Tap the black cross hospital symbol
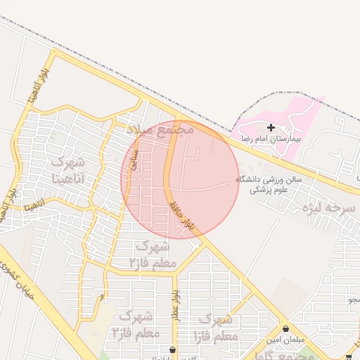tap(271, 127)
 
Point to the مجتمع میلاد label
tap(160, 129)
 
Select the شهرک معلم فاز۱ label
tap(219, 328)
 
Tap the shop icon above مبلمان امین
tap(285, 328)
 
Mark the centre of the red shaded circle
tap(180, 180)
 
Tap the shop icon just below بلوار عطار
tap(172, 349)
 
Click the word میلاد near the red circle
tap(141, 130)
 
